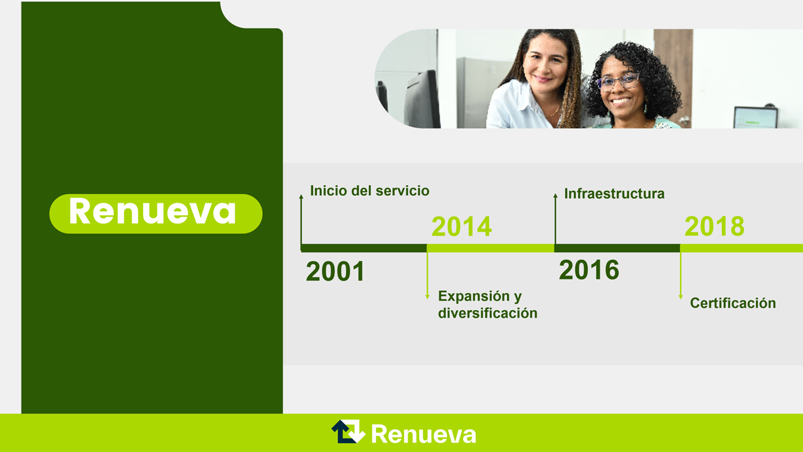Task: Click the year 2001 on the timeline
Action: pyautogui.click(x=335, y=271)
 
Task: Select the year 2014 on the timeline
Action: pyautogui.click(x=461, y=227)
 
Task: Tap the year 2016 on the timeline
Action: pyautogui.click(x=589, y=270)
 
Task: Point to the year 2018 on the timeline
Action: pyautogui.click(x=715, y=227)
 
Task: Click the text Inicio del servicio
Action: pyautogui.click(x=370, y=191)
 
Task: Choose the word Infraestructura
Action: pyautogui.click(x=614, y=194)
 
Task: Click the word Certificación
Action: pyautogui.click(x=733, y=303)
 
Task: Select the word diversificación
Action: pyautogui.click(x=487, y=313)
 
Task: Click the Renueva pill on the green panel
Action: pyautogui.click(x=156, y=214)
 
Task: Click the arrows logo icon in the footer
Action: pyautogui.click(x=348, y=431)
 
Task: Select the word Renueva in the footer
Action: pyautogui.click(x=423, y=434)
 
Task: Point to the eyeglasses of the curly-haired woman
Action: pyautogui.click(x=618, y=82)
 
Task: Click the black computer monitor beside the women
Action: pyautogui.click(x=422, y=99)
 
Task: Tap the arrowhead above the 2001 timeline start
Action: pyautogui.click(x=301, y=196)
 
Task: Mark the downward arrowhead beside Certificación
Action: pyautogui.click(x=681, y=297)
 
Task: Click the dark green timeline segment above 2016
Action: pyautogui.click(x=617, y=248)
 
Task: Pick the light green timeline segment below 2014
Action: pyautogui.click(x=491, y=248)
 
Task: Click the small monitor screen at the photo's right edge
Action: pyautogui.click(x=755, y=117)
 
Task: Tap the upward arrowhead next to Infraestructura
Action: pyautogui.click(x=555, y=195)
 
